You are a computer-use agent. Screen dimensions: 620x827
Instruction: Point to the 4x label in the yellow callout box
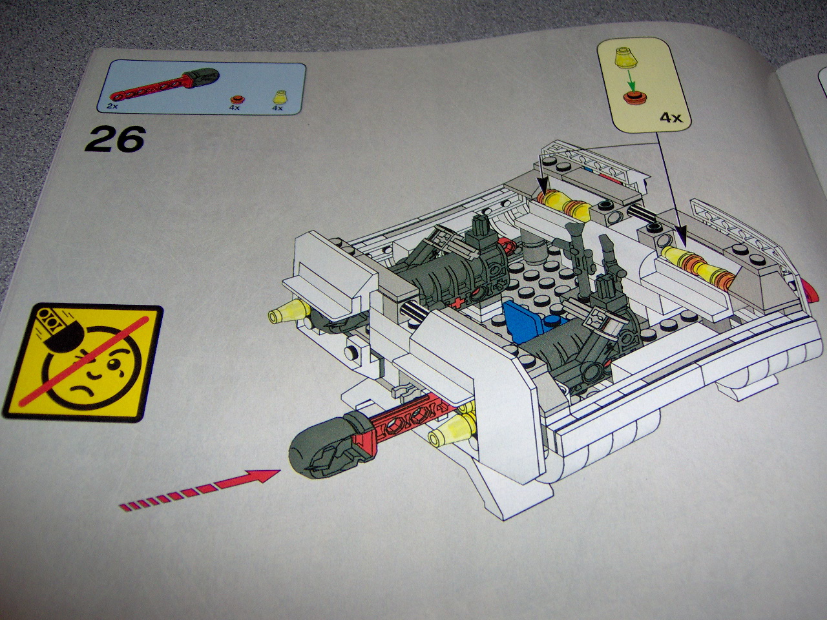(x=670, y=118)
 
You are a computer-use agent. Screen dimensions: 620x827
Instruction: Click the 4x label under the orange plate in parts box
(x=234, y=108)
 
